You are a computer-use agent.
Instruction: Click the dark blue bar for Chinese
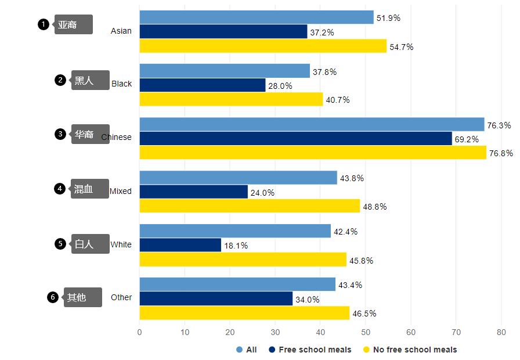[295, 139]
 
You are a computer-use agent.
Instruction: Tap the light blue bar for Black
[225, 71]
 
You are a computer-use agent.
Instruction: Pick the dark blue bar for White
[180, 245]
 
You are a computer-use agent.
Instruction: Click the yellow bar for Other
[244, 313]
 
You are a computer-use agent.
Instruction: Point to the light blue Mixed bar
[238, 178]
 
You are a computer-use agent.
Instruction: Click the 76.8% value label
[501, 153]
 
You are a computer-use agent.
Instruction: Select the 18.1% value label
[236, 246]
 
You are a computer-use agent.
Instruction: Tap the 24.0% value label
[262, 193]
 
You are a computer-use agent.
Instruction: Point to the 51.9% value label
[388, 18]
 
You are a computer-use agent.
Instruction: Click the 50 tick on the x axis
[366, 333]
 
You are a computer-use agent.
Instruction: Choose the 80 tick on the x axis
[501, 333]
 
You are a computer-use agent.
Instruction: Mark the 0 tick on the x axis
[139, 333]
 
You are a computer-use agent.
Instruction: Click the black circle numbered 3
[60, 134]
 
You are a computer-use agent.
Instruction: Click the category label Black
[121, 84]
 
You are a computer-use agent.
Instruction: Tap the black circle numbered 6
[53, 297]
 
